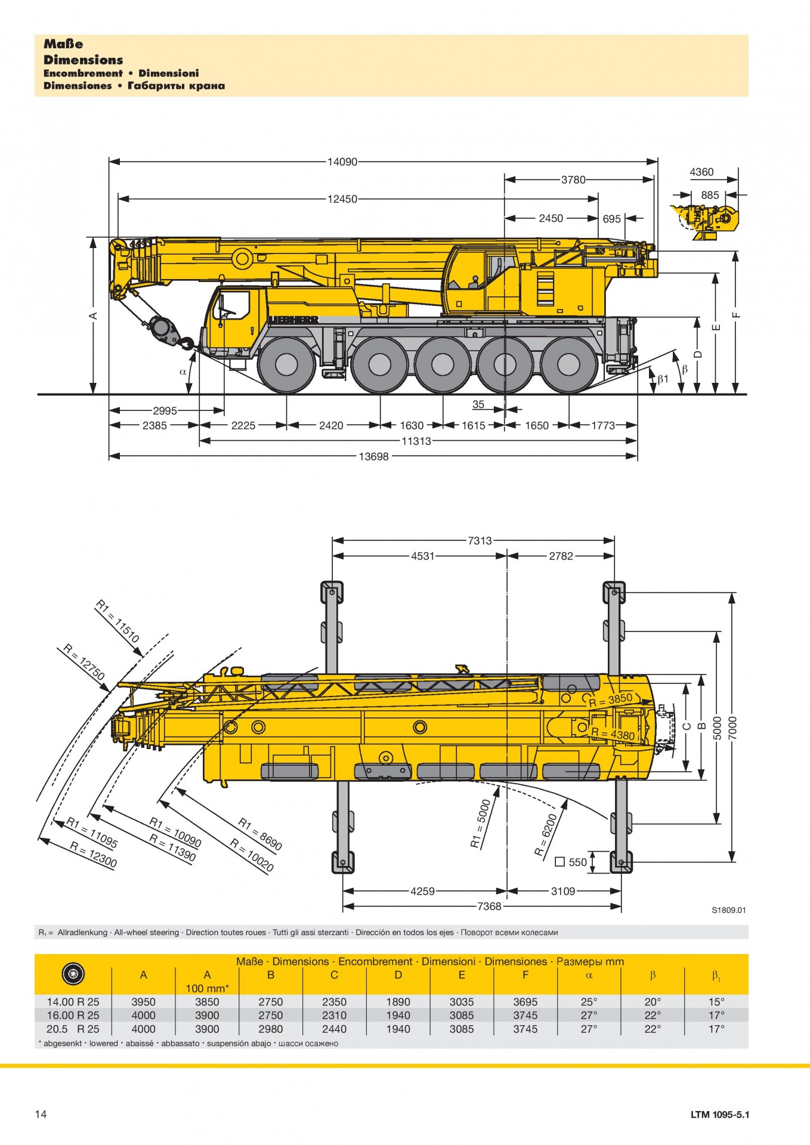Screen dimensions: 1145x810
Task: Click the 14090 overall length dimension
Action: [342, 162]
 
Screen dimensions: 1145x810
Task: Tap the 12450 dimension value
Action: [342, 199]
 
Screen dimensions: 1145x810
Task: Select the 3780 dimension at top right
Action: [573, 180]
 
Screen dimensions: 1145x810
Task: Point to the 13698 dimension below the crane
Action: [373, 457]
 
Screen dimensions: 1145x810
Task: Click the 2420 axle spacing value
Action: [331, 426]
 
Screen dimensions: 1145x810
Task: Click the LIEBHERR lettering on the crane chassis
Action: [293, 320]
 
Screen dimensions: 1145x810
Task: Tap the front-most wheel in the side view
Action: [287, 364]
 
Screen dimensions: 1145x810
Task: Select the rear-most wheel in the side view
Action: [568, 364]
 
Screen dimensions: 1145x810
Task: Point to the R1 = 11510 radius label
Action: [118, 622]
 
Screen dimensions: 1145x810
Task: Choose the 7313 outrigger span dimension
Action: [480, 541]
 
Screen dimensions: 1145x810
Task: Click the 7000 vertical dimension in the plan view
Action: [733, 727]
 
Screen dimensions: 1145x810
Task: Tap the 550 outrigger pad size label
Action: [577, 862]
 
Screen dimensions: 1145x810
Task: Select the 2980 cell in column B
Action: [271, 1029]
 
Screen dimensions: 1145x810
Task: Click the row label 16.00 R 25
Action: [73, 1015]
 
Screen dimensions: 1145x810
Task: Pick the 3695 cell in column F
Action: [525, 1002]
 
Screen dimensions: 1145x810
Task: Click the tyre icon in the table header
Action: [73, 974]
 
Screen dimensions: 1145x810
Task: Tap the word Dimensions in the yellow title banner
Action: [84, 60]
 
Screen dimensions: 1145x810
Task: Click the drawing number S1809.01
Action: [728, 910]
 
